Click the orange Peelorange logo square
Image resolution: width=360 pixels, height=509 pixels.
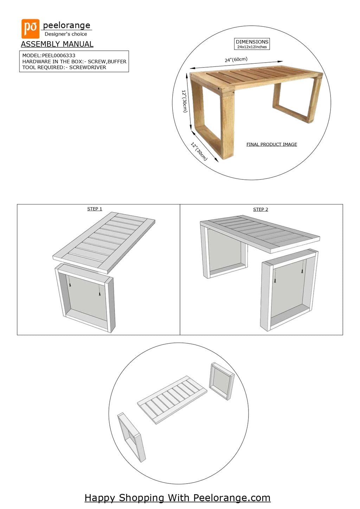[x=30, y=28]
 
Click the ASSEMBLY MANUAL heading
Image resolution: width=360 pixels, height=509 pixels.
[x=57, y=44]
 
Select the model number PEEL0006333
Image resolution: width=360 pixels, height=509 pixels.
[x=59, y=56]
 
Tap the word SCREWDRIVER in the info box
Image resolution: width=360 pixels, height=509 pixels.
[x=88, y=68]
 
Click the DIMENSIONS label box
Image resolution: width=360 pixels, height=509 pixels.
[x=252, y=44]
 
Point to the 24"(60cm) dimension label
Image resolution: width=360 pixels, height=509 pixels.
[x=236, y=60]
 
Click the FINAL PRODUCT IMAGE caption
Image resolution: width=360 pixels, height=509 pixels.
[x=272, y=145]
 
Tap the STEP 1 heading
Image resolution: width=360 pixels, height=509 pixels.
[x=95, y=209]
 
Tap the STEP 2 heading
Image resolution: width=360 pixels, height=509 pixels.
[x=261, y=210]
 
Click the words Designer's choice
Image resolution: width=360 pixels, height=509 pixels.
[x=66, y=34]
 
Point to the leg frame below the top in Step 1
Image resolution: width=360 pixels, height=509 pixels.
[x=85, y=298]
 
